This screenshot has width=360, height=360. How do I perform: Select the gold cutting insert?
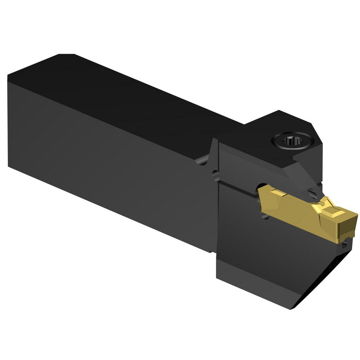pyautogui.click(x=302, y=209)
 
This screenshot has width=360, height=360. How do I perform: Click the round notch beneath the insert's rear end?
pyautogui.click(x=265, y=216)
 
